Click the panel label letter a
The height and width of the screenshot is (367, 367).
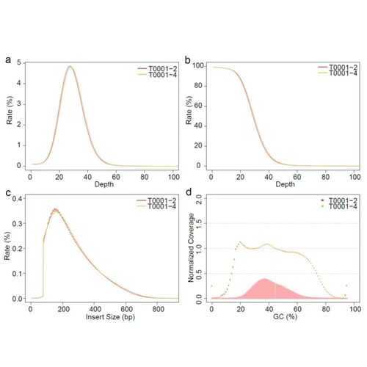(x=8, y=59)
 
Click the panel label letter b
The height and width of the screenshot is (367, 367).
(x=188, y=59)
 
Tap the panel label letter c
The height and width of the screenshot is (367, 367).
(x=8, y=192)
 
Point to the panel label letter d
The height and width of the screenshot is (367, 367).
(x=189, y=192)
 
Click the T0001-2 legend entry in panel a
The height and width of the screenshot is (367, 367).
(x=157, y=68)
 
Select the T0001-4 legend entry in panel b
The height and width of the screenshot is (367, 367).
(x=338, y=73)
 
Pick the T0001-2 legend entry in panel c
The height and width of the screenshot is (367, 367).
(x=156, y=200)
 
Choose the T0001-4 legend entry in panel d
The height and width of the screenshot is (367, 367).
(x=339, y=206)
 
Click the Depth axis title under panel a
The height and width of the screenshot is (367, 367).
(x=104, y=184)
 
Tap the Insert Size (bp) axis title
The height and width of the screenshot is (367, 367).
(x=110, y=317)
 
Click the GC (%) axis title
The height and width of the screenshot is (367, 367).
(x=285, y=317)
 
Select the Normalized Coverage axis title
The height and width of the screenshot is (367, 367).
(x=191, y=248)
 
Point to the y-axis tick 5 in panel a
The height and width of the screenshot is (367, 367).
(x=19, y=62)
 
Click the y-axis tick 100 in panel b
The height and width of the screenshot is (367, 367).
(x=198, y=66)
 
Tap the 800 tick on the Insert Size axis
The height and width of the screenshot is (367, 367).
(x=158, y=309)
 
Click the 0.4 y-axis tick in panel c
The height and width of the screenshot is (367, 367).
(x=18, y=198)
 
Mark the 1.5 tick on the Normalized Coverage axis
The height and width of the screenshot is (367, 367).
(x=198, y=223)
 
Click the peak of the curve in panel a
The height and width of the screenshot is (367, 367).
(x=70, y=66)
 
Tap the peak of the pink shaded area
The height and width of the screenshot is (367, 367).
(x=264, y=279)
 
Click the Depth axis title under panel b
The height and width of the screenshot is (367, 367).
(x=285, y=184)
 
